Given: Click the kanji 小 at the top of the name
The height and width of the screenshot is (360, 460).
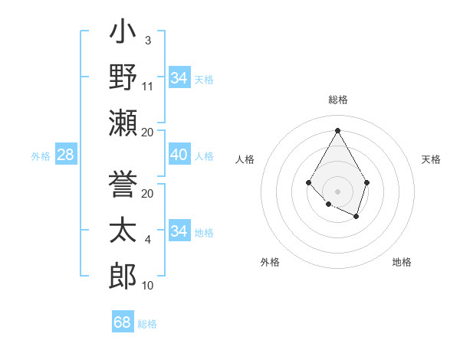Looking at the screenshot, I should [123, 34].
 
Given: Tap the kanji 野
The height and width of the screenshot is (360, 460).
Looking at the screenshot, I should [123, 78].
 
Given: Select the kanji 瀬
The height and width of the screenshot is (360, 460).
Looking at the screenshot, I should [123, 123].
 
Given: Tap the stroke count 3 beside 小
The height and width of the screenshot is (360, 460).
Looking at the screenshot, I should [147, 40].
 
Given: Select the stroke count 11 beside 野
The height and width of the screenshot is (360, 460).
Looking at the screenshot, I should [148, 87].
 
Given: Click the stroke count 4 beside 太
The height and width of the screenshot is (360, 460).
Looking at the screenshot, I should [147, 240].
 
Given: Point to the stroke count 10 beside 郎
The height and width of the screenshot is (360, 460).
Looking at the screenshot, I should [148, 286].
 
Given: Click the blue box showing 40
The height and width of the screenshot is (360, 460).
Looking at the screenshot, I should [179, 155].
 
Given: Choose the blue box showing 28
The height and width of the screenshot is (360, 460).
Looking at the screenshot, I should [66, 155].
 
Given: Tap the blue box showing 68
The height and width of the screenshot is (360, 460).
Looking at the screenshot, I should [123, 322].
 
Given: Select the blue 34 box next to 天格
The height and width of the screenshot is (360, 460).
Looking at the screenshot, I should [179, 78].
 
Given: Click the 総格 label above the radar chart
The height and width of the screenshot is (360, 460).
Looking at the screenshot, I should [338, 100].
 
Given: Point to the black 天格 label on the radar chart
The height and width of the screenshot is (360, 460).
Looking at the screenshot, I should [431, 159].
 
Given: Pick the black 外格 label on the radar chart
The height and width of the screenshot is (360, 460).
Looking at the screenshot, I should [270, 262].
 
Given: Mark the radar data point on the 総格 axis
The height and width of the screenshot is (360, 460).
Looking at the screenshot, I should [337, 130].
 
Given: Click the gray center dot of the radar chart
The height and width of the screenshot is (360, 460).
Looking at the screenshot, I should [337, 191].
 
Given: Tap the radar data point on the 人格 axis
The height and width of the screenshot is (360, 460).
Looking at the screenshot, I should [308, 182].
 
